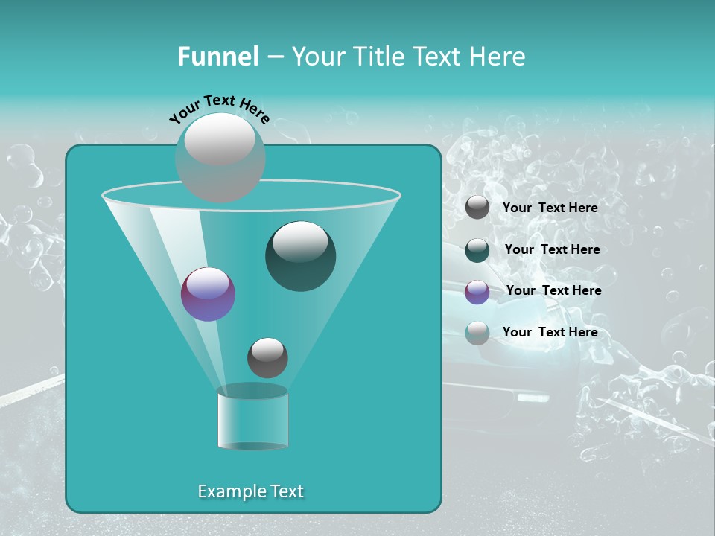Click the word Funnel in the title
click(217, 57)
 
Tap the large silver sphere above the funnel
click(220, 157)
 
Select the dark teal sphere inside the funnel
click(301, 256)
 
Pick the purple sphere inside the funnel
click(209, 295)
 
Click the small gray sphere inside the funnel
click(267, 358)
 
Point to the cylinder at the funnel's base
click(252, 418)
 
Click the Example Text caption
click(250, 491)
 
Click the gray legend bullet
click(477, 208)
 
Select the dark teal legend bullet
click(477, 250)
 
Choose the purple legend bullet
click(477, 292)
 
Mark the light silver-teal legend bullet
click(477, 333)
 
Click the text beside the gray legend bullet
click(550, 208)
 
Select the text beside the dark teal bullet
click(552, 249)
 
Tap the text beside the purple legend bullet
click(553, 290)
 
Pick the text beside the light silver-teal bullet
click(550, 332)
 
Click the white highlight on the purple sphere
click(208, 284)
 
